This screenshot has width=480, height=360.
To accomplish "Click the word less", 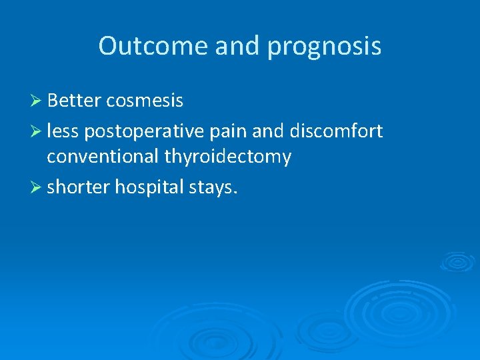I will (63, 131).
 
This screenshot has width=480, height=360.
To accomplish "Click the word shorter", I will (78, 187).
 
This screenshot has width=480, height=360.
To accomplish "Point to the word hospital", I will (145, 187).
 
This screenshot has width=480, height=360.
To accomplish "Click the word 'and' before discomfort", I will (269, 131).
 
